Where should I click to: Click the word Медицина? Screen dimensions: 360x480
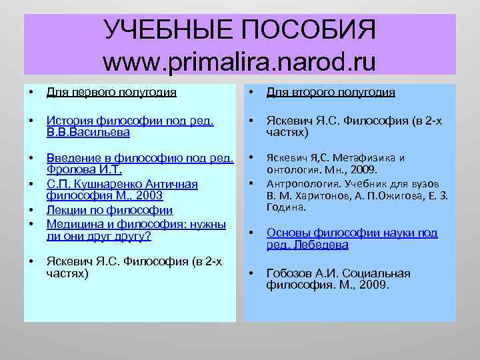73,223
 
